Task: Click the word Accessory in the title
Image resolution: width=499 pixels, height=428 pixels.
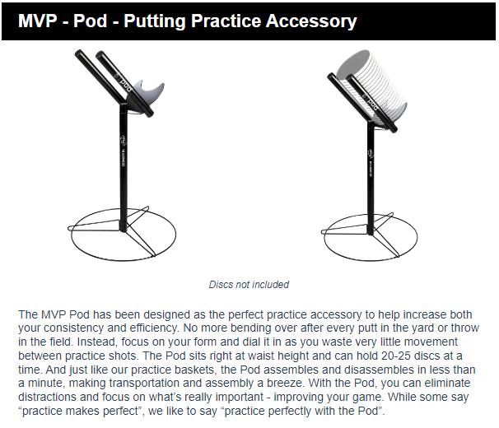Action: tap(311, 21)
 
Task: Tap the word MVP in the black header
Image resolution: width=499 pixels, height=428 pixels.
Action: tap(38, 21)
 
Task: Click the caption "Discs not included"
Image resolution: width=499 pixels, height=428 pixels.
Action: tap(249, 284)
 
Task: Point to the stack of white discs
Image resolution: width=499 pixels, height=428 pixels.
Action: tap(372, 86)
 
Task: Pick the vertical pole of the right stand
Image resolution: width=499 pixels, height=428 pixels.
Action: tap(371, 179)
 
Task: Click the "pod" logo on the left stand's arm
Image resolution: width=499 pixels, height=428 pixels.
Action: tap(125, 83)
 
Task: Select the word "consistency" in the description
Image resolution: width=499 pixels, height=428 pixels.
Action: tap(73, 328)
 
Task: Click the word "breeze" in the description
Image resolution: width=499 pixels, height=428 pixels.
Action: tap(284, 383)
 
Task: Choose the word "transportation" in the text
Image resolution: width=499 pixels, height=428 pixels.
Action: tap(144, 383)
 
